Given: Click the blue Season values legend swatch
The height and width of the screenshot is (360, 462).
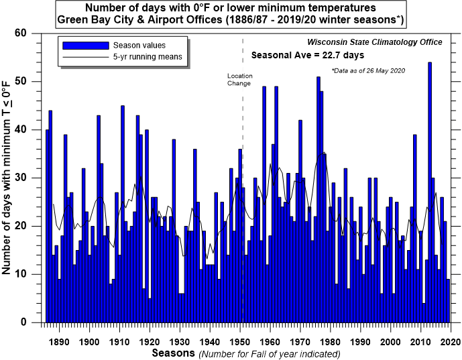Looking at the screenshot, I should tap(86, 45).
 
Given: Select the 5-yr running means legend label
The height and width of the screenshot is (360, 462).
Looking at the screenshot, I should tap(152, 57).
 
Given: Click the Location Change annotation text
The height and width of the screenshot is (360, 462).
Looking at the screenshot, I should tap(239, 79).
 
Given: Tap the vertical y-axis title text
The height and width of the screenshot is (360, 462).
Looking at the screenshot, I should tap(9, 178).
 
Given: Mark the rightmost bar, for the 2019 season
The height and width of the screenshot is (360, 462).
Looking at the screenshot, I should tap(448, 300).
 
